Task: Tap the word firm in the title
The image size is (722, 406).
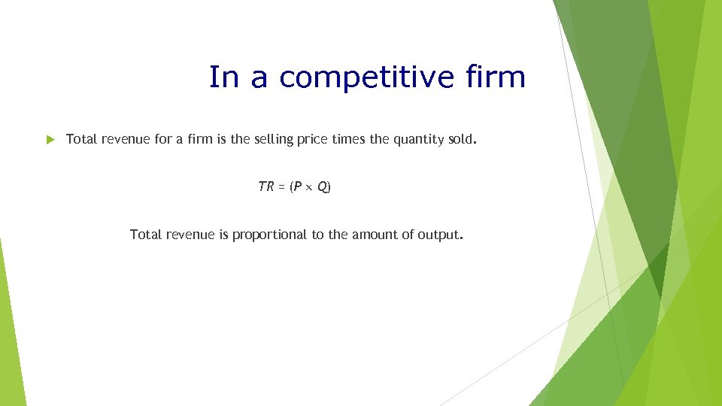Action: (496, 77)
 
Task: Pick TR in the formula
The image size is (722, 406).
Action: (265, 187)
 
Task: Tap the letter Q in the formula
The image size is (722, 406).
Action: (322, 187)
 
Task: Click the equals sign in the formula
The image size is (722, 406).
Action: (281, 187)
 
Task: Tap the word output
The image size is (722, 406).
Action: (441, 235)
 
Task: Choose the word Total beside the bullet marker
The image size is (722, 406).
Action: (81, 139)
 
